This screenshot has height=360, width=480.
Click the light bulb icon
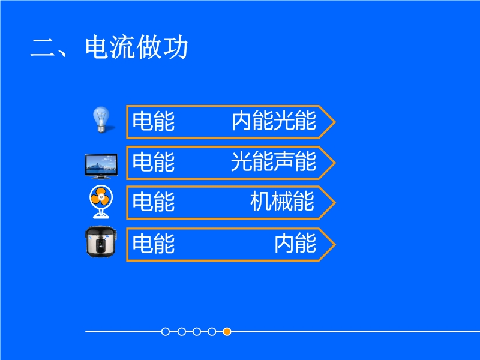coord(101,119)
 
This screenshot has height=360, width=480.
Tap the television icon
coord(101,166)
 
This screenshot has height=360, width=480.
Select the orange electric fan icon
coord(101,202)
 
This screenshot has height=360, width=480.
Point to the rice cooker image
coord(101,242)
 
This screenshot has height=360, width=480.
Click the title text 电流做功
coord(137,47)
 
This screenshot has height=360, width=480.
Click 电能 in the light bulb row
coord(154,121)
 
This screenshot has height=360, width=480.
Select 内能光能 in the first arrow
coord(274,121)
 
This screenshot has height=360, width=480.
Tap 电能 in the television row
coord(154,161)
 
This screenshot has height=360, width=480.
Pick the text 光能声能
coord(274,161)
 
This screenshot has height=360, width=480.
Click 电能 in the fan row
coord(154,202)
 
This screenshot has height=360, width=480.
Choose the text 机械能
coord(282,202)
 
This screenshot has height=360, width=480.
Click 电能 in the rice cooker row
coord(154,244)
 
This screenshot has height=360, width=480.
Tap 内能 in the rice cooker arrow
coord(295,244)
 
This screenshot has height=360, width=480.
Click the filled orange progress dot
coord(227,332)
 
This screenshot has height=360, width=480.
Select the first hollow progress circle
coord(166,332)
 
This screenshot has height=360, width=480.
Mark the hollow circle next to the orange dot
coord(212,332)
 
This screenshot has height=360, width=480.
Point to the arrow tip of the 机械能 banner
coord(335,202)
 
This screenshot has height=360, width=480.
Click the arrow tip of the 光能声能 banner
coord(335,162)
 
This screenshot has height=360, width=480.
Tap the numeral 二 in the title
coord(42,48)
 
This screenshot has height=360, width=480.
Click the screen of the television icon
coord(101,164)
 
